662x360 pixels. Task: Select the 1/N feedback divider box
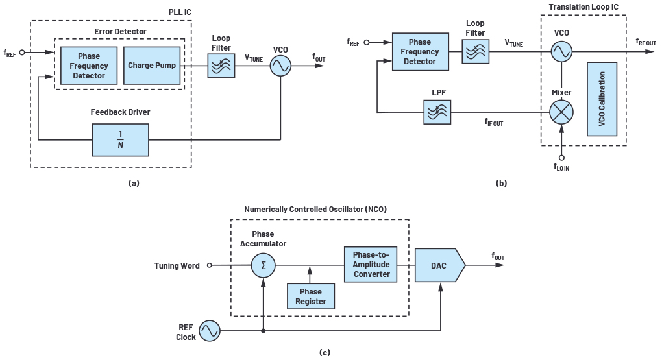(120, 139)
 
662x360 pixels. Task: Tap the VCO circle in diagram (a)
(280, 66)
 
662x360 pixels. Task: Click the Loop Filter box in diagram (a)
(221, 66)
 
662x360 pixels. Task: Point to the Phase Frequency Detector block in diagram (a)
(89, 66)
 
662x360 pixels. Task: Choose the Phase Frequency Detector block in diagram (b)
(420, 51)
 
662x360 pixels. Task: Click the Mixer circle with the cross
(561, 113)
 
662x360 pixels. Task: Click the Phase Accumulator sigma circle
(263, 265)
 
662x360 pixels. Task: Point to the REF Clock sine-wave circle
(209, 331)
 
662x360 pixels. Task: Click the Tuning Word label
(176, 265)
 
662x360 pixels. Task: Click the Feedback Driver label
(120, 112)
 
